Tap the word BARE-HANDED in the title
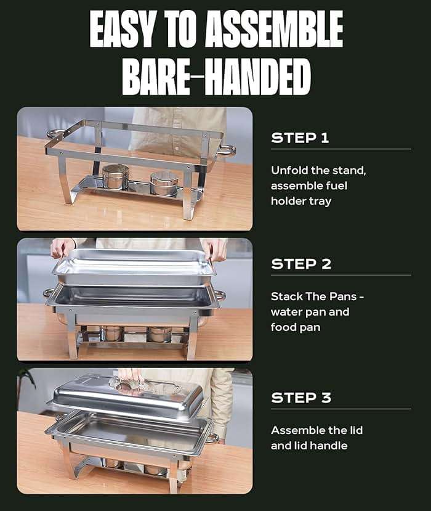pos(216,76)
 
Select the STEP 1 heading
pos(300,138)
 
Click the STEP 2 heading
pos(301,264)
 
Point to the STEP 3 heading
pos(301,398)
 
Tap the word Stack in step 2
pos(286,296)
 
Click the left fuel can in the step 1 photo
pos(115,177)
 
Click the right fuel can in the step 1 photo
pos(164,183)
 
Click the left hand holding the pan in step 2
pos(62,248)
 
